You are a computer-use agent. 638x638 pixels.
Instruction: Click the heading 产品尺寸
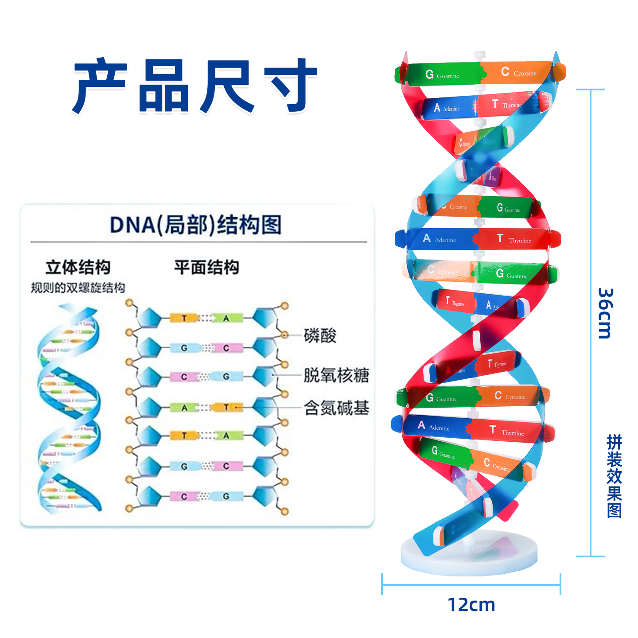point(195,85)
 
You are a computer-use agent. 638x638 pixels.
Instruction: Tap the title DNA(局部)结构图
point(196,225)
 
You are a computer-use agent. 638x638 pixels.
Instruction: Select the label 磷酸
point(320,335)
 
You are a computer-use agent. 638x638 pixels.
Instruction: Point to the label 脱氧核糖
point(336,375)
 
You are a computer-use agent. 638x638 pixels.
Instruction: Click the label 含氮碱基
point(336,408)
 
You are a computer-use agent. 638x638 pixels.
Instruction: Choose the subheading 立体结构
point(78,267)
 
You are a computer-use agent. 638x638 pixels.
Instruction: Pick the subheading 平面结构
point(206,267)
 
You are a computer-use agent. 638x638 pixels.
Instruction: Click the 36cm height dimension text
point(605,313)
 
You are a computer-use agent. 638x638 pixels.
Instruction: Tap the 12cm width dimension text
point(471,604)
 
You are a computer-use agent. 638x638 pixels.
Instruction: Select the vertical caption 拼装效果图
point(614,476)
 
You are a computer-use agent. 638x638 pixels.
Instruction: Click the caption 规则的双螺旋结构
point(78,288)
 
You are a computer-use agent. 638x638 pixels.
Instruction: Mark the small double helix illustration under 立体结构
point(70,408)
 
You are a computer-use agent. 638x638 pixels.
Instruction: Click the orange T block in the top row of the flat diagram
point(184,318)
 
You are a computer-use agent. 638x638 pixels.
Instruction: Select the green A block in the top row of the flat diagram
point(226,318)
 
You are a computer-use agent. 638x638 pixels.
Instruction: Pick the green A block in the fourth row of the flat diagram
point(184,408)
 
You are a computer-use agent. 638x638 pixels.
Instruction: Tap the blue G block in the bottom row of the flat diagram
point(226,497)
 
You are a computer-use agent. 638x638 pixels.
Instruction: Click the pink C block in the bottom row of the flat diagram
point(184,497)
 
